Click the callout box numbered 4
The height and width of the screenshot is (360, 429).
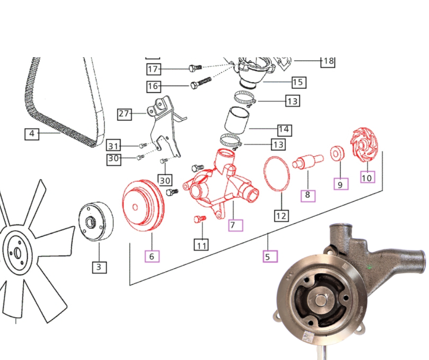click(32, 134)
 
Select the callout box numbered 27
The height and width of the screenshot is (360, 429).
click(125, 114)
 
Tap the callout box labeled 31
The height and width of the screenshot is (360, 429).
click(113, 146)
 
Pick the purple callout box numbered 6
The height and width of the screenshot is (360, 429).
click(152, 256)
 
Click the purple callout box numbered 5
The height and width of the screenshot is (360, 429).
click(270, 256)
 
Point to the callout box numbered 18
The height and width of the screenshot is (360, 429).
click(328, 61)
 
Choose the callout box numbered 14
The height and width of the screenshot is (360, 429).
click(284, 130)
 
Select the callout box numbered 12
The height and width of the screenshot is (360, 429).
click(281, 216)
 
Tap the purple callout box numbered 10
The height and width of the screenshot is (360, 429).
click(367, 178)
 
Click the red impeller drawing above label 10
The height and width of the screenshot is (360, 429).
click(364, 145)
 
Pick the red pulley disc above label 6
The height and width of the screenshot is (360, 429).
click(143, 205)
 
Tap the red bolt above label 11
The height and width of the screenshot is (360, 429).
click(200, 219)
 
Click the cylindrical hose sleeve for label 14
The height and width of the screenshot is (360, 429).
click(237, 120)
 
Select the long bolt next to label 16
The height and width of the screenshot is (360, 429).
click(201, 83)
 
